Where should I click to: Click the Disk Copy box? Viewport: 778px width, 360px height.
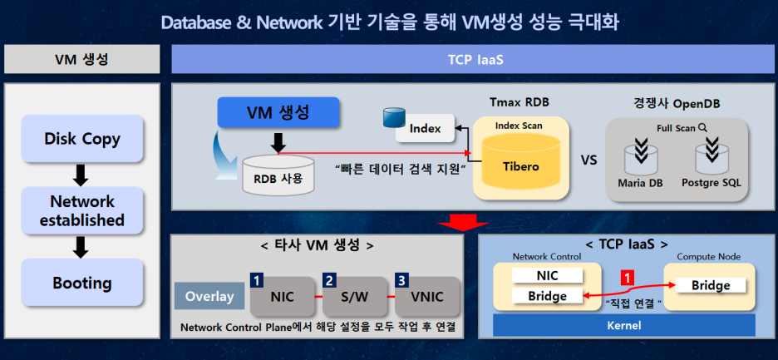point(82,139)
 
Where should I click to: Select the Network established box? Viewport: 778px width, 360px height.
point(82,211)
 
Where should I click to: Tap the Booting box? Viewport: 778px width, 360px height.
point(82,283)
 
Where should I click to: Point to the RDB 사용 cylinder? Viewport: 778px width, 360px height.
point(278,175)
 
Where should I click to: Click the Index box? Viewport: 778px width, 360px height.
point(425,129)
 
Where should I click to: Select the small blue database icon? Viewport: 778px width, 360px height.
point(391,117)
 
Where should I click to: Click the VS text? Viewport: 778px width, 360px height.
point(588,159)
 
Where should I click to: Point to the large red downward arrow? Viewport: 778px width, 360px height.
point(463,220)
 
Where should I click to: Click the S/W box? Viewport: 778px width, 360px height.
point(356,296)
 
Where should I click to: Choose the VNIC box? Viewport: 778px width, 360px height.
point(426,296)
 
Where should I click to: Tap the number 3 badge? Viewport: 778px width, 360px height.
point(402,279)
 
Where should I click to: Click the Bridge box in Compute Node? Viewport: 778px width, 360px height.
point(711,285)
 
